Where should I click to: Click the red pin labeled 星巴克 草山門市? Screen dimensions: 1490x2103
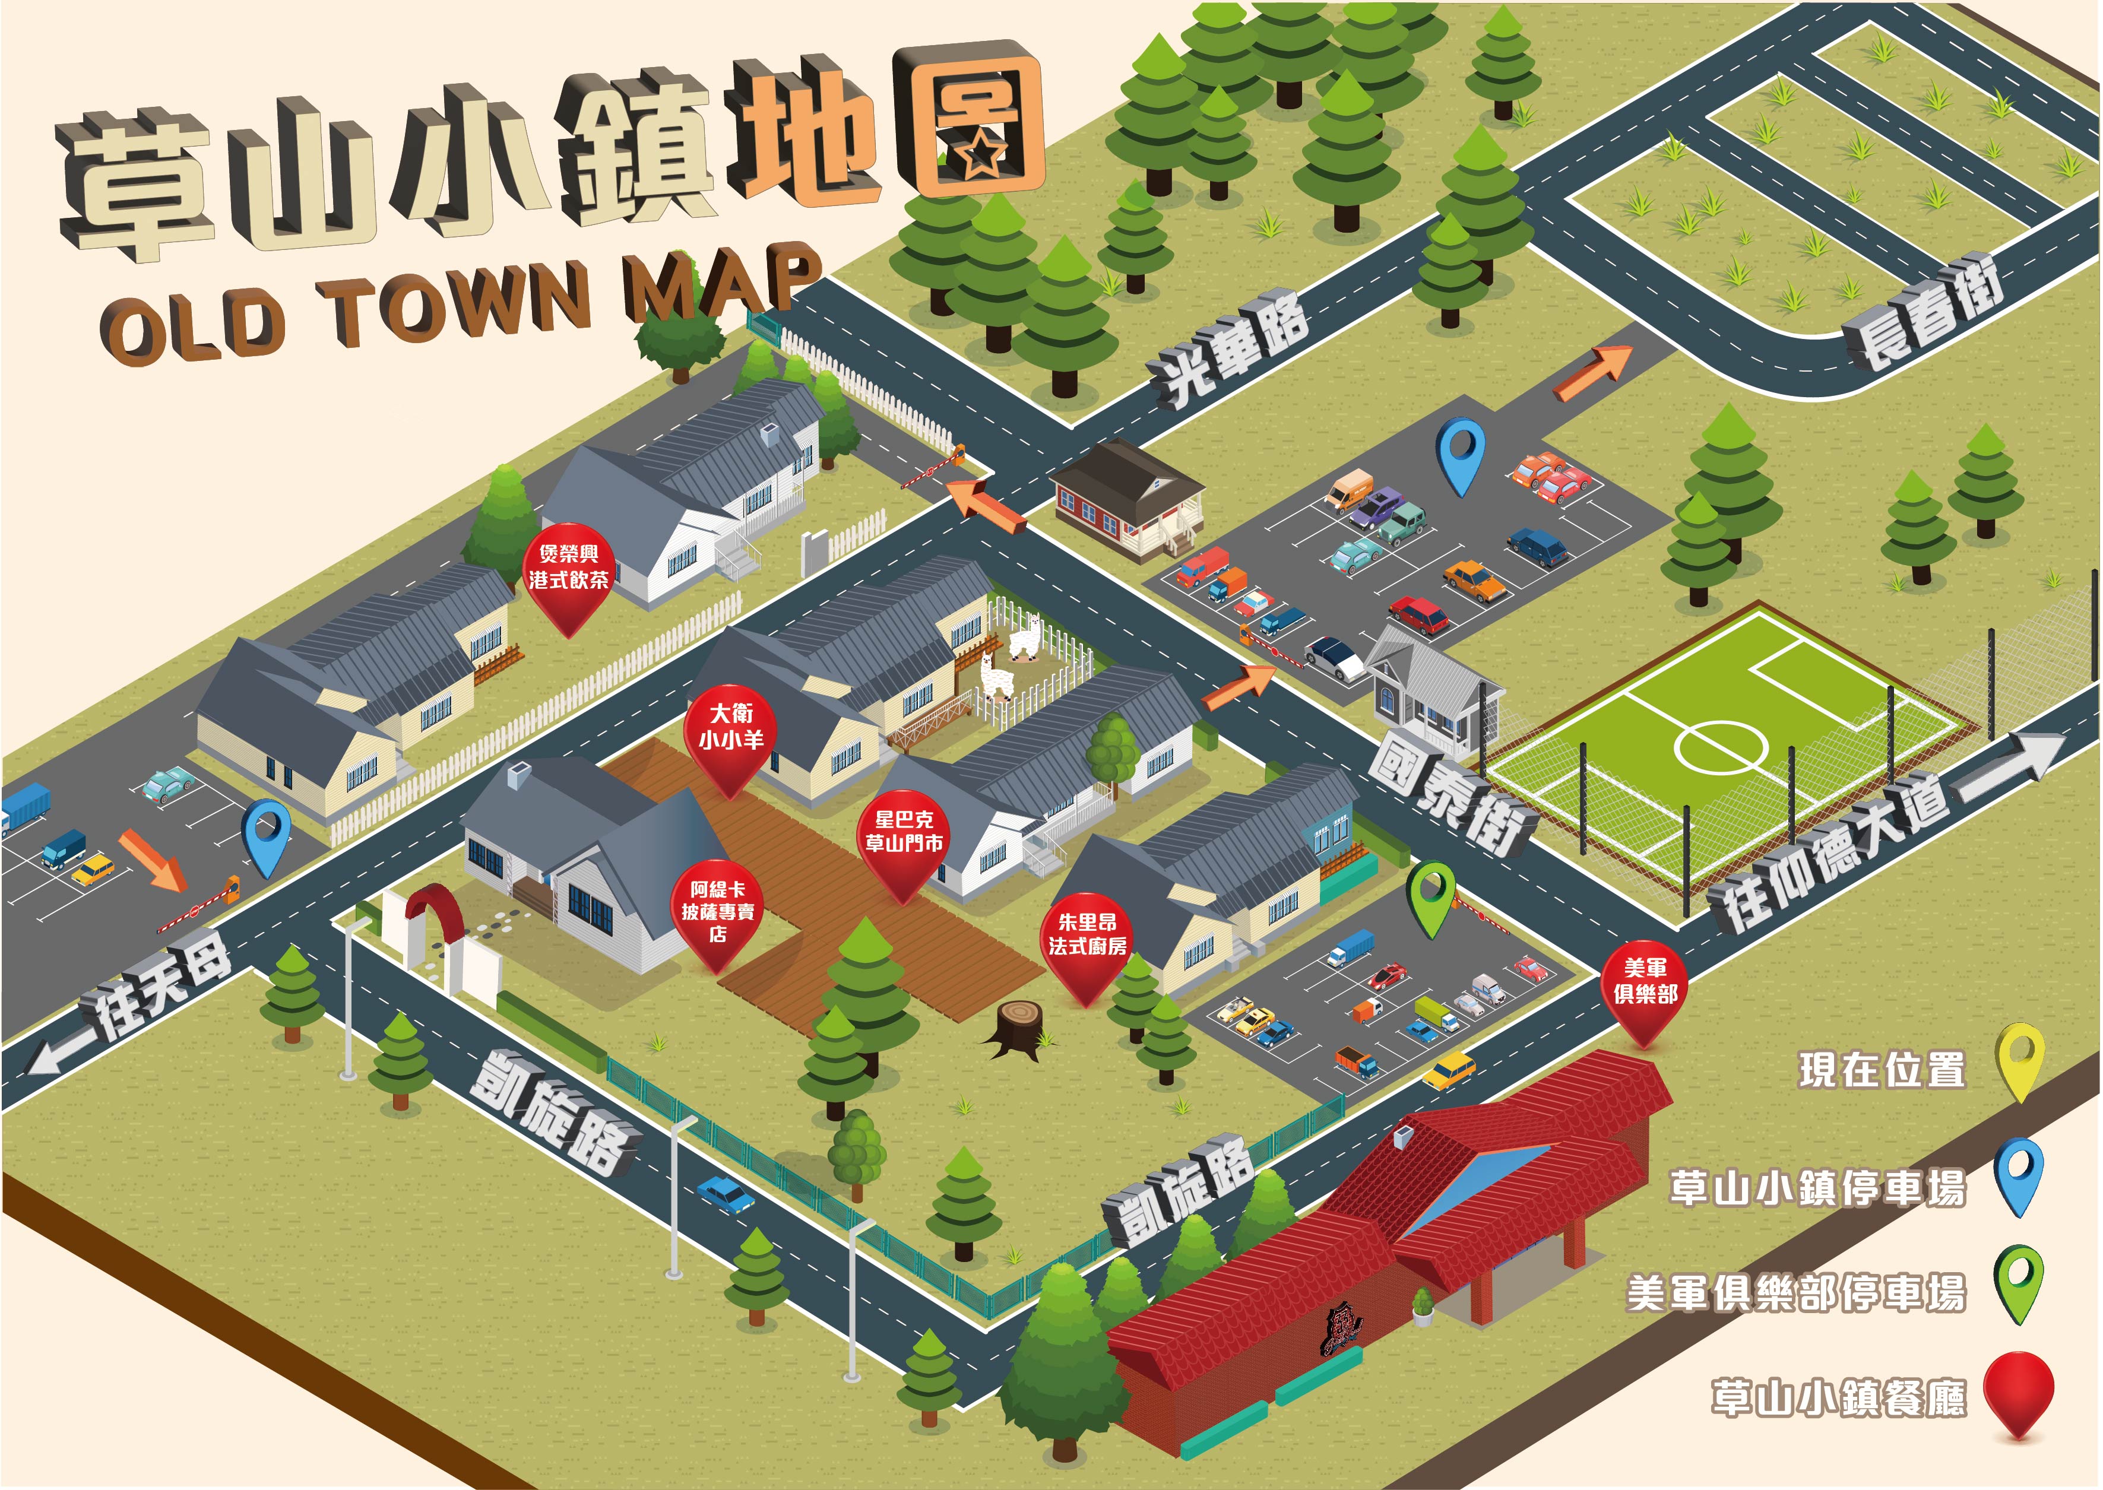(904, 839)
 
